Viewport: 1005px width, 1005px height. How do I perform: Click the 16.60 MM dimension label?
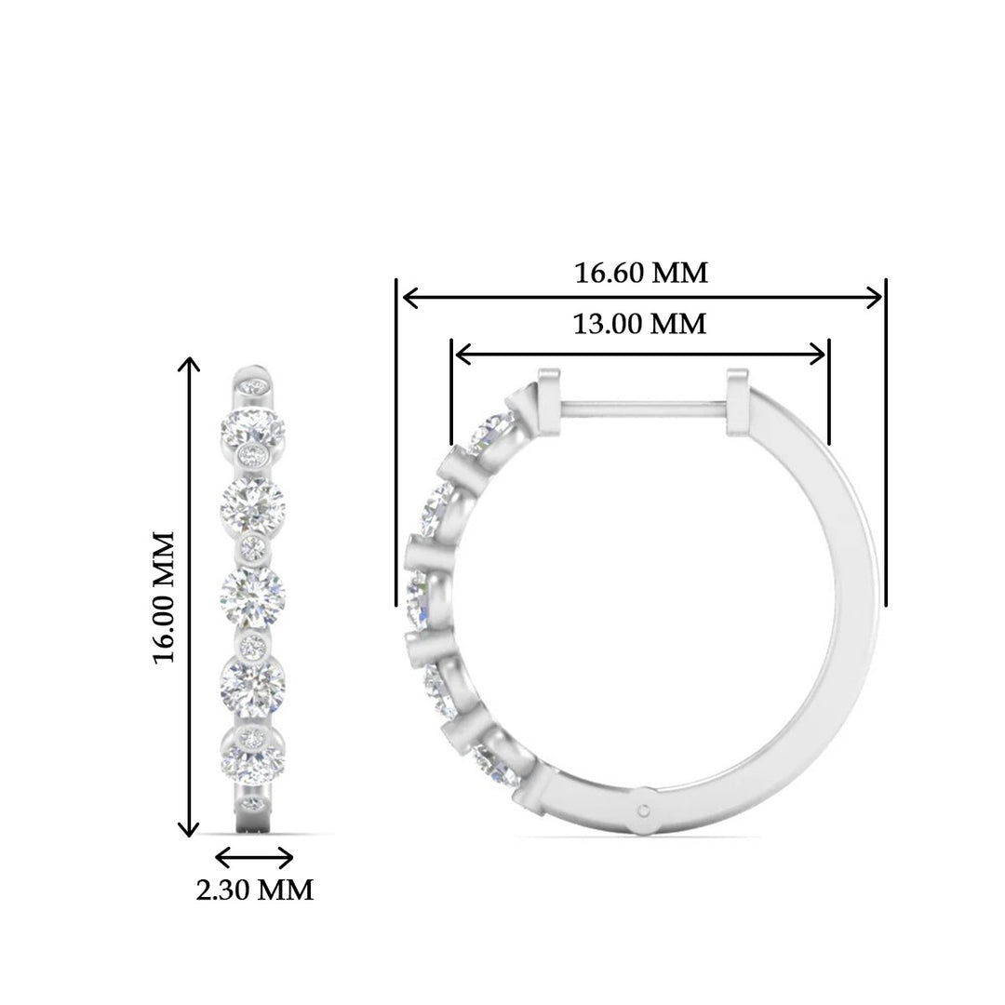coord(641,274)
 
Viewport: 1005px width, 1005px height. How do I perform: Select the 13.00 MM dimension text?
coord(639,324)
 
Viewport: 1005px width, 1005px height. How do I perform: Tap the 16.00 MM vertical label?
coord(165,597)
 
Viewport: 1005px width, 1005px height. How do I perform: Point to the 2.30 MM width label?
coord(254,890)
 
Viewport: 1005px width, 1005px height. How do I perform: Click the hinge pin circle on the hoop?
coord(644,810)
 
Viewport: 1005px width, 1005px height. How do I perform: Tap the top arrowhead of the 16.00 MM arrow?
coord(190,364)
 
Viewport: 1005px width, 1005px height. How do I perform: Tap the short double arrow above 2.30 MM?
coord(254,856)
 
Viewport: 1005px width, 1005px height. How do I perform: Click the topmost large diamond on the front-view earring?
coord(251,428)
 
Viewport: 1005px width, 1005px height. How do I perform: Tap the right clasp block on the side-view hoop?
coord(737,395)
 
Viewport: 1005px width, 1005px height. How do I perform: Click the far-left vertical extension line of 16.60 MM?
coord(396,442)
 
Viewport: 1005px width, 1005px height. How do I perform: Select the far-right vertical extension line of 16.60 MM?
coord(885,442)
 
